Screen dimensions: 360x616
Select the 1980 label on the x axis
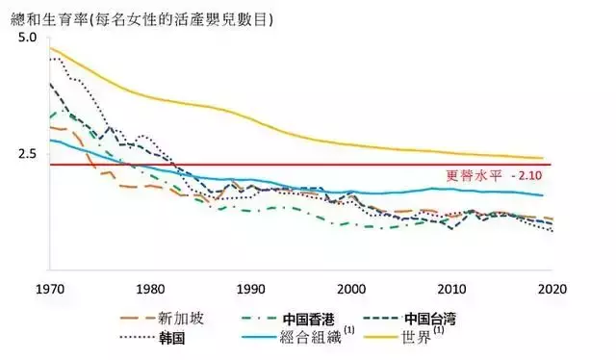point(149,288)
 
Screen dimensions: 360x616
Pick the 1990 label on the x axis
point(250,288)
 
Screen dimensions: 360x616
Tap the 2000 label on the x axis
point(351,288)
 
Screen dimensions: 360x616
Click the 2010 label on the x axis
point(452,288)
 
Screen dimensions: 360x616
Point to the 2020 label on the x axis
point(553,288)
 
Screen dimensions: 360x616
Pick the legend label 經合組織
point(316,338)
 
